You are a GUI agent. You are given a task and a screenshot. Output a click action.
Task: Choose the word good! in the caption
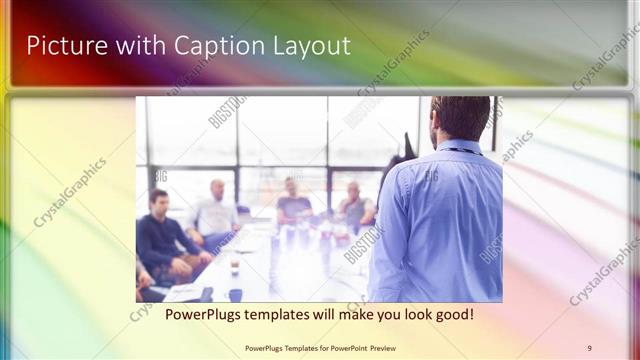(x=452, y=314)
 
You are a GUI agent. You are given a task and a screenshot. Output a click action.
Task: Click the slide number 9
(x=589, y=348)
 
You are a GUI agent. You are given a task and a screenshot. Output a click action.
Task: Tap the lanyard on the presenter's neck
(x=465, y=151)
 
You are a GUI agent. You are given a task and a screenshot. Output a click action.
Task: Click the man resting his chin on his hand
(x=354, y=205)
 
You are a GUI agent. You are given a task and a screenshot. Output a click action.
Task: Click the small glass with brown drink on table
(x=234, y=264)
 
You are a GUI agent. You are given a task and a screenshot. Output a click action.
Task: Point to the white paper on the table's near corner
(x=184, y=292)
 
